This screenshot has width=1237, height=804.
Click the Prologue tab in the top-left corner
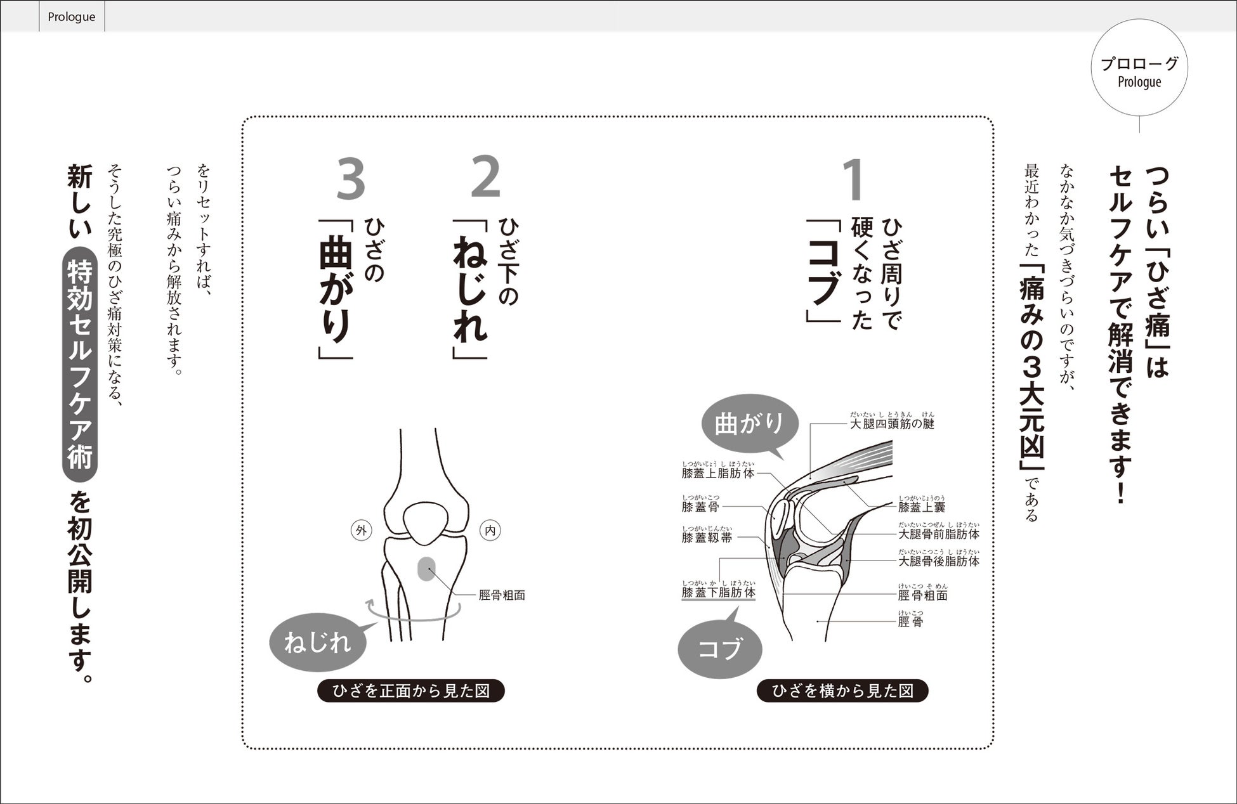click(x=72, y=16)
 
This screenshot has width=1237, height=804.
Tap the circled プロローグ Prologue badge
click(x=1139, y=68)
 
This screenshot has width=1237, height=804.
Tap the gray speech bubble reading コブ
click(x=720, y=648)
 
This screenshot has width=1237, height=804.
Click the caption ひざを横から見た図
click(x=842, y=691)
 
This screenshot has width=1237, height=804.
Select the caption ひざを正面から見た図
click(x=411, y=691)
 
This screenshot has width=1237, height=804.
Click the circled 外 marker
click(x=362, y=531)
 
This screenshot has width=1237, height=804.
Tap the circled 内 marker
click(x=490, y=531)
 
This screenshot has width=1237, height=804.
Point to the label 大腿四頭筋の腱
click(x=892, y=424)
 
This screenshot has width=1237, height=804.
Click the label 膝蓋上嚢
click(x=922, y=507)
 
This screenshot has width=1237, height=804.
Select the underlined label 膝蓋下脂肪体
click(x=719, y=593)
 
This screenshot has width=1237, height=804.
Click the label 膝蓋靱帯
click(x=707, y=538)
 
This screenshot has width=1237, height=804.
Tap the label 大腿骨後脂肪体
click(x=939, y=561)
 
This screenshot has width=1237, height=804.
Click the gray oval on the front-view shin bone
click(x=426, y=569)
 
